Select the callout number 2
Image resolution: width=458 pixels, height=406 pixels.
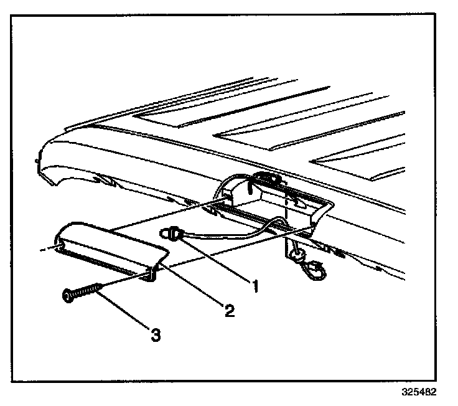point(229,309)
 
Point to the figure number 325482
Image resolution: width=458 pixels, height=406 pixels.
point(419,394)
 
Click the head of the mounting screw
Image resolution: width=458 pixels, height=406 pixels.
point(67,296)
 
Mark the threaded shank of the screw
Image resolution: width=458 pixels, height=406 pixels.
point(87,290)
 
